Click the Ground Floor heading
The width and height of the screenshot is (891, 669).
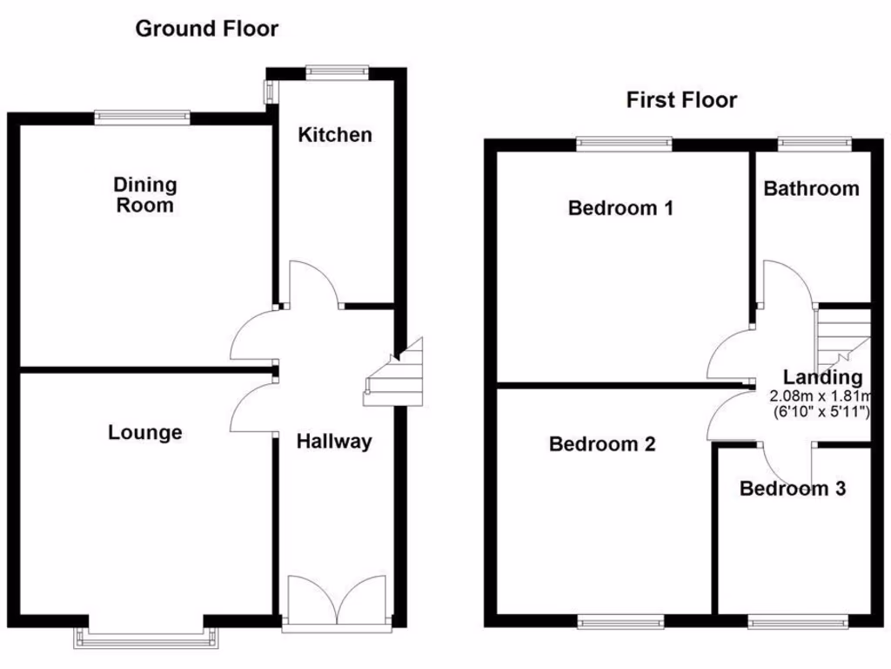206,29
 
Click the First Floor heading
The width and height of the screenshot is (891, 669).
681,100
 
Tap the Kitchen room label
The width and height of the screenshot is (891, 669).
335,134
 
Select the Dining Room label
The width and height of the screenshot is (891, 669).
144,195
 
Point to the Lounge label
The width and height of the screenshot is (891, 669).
145,432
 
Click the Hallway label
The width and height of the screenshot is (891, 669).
334,442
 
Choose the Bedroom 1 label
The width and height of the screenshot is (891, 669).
620,208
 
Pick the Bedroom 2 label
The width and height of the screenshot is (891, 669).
602,444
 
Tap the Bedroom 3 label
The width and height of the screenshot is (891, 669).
792,489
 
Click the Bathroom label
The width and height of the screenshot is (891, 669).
811,188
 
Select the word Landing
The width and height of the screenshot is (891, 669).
822,378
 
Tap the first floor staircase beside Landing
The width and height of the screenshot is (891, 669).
841,337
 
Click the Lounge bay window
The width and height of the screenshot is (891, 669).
145,636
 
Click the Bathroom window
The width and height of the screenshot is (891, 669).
814,142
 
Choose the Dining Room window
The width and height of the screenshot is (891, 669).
142,117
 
